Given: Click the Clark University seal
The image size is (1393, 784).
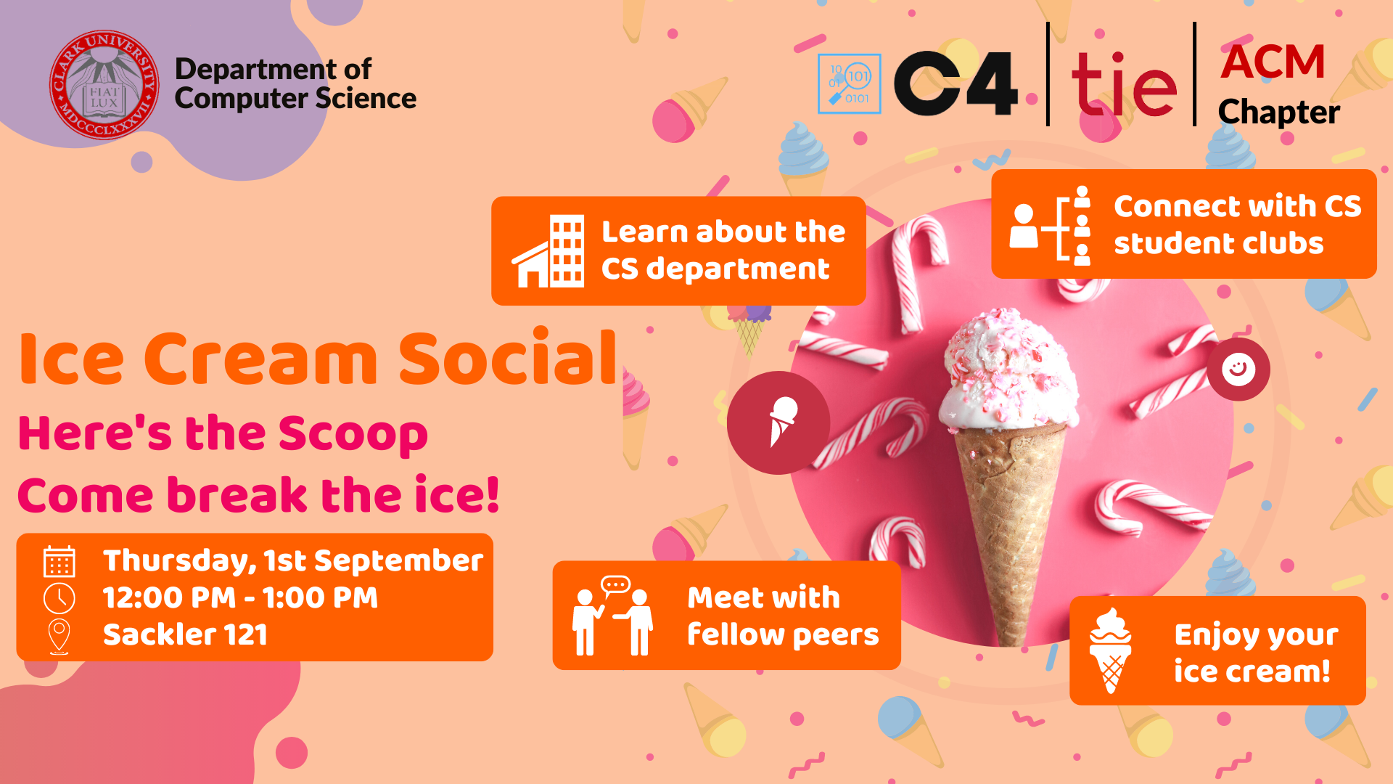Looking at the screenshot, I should click(x=104, y=85).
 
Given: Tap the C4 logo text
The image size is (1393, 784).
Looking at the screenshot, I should click(x=956, y=83).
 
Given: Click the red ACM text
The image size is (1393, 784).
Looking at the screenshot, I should click(x=1273, y=62).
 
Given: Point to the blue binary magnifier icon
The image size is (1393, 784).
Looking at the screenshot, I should click(x=849, y=83).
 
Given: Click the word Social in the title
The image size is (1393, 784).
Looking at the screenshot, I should click(x=508, y=359).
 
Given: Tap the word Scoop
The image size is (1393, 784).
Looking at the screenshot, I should click(x=353, y=434).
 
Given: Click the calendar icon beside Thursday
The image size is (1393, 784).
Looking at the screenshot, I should click(x=59, y=562).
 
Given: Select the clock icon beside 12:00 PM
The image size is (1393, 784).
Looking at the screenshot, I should click(x=59, y=598).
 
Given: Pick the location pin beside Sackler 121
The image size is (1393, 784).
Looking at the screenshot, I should click(x=59, y=635).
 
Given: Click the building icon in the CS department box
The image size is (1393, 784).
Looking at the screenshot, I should click(x=549, y=251).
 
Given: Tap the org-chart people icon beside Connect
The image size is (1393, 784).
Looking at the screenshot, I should click(x=1051, y=225).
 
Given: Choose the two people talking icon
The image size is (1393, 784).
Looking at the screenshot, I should click(x=612, y=617).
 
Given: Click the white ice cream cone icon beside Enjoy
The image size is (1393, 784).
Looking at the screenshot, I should click(x=1110, y=650).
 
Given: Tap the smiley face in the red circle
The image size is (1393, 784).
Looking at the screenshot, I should click(x=1238, y=369).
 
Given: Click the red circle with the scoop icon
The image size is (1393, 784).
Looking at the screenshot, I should click(x=778, y=423).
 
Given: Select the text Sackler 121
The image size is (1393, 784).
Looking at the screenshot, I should click(x=185, y=635).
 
